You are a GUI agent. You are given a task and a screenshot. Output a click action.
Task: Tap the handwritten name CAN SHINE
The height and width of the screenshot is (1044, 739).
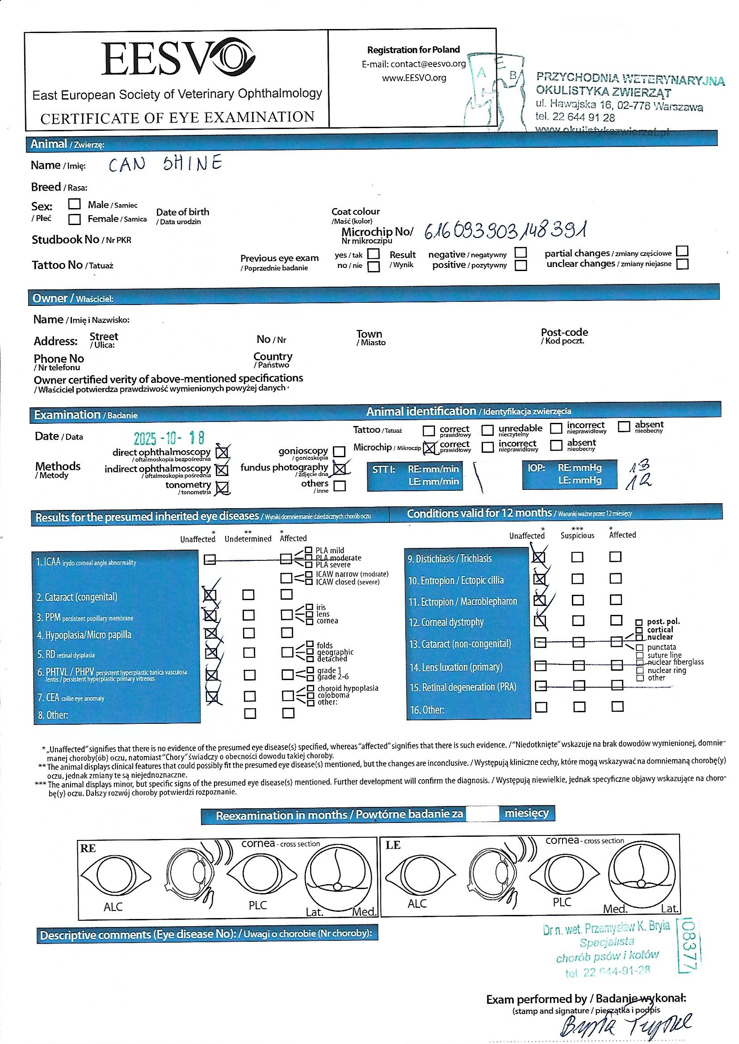(x=165, y=164)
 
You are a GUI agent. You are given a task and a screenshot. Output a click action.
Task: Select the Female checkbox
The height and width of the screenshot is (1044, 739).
(x=74, y=219)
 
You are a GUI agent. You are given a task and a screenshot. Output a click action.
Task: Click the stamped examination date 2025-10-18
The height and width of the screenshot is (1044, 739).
(x=169, y=438)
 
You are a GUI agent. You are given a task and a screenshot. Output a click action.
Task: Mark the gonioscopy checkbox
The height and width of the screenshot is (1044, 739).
(x=339, y=451)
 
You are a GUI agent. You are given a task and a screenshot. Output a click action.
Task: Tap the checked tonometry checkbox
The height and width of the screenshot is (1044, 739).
(x=222, y=488)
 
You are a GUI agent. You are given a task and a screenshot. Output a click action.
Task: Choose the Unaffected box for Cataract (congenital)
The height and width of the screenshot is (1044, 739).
(x=210, y=595)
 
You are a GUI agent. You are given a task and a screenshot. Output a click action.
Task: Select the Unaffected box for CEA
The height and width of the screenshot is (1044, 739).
(x=212, y=697)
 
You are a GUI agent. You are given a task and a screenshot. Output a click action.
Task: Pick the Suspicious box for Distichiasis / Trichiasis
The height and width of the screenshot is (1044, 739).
(x=578, y=557)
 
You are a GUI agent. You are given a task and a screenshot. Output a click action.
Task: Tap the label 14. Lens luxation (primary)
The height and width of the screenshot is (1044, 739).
(x=456, y=667)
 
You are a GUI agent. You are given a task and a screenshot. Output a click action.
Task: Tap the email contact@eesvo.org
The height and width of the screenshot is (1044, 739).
(x=414, y=64)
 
